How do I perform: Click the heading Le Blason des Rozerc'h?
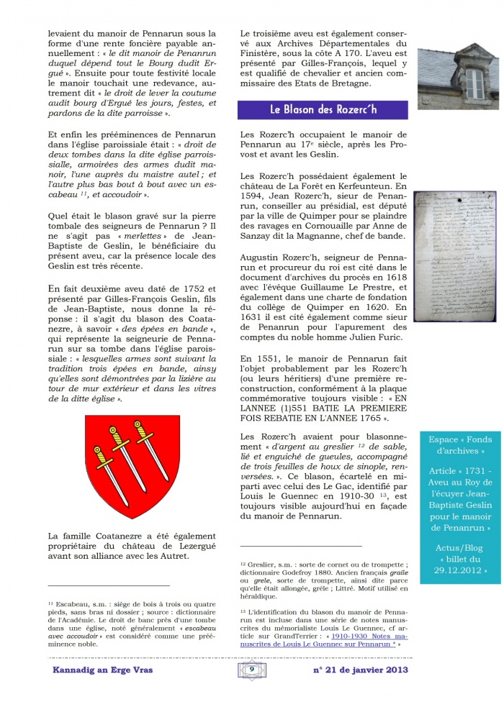coord(323,110)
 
